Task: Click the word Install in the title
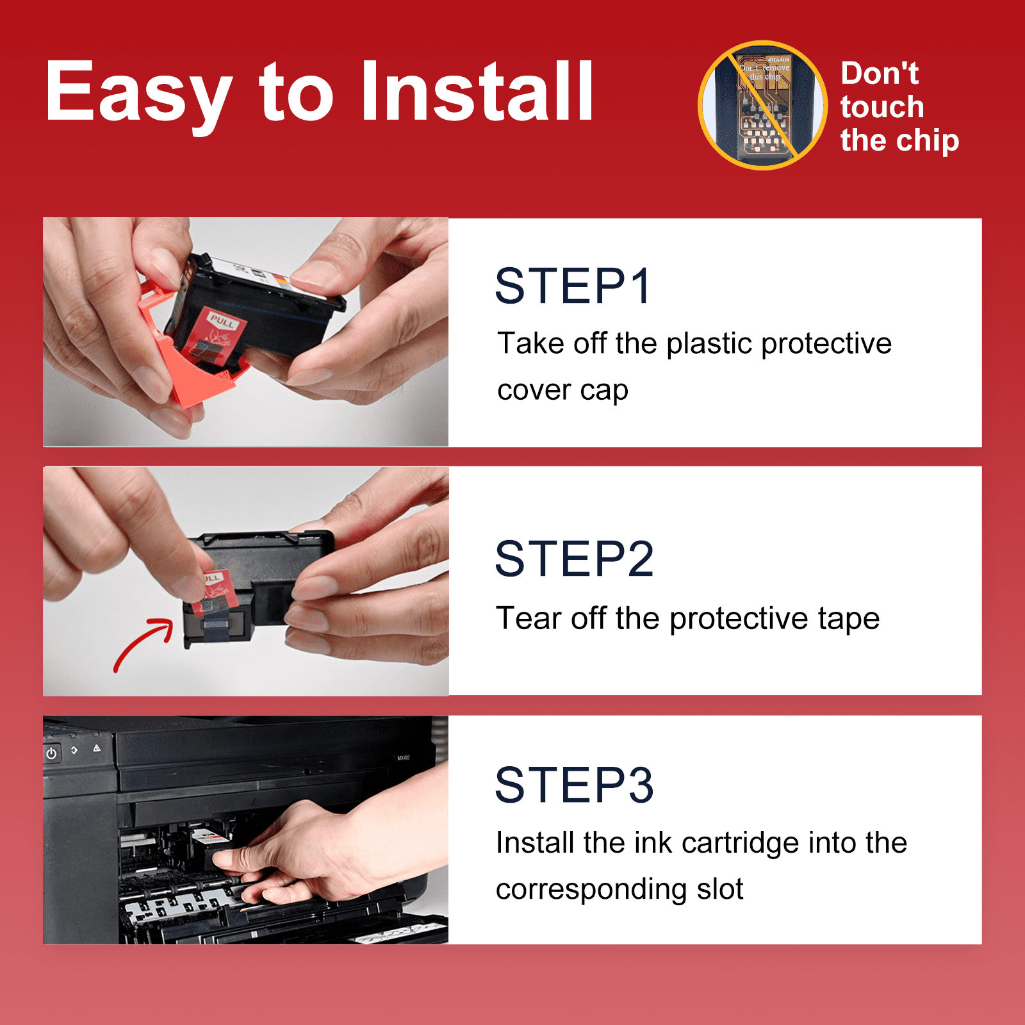click(477, 90)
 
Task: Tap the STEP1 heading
click(573, 286)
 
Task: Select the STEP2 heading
click(575, 559)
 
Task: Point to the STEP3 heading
click(575, 785)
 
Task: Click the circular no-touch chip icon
click(762, 106)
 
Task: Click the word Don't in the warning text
click(880, 73)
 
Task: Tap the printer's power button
click(52, 753)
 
